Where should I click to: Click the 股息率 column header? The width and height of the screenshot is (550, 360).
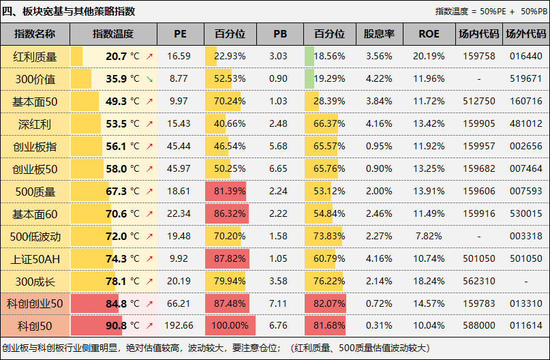point(379,34)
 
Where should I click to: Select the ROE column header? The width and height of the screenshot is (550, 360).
point(429,34)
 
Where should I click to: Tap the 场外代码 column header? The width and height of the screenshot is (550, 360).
point(525,34)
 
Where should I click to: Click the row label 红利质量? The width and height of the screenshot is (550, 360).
point(35,57)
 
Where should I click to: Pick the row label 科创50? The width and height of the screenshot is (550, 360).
point(35,326)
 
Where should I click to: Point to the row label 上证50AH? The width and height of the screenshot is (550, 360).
point(35,259)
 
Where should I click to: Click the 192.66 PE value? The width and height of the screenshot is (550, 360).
point(180,326)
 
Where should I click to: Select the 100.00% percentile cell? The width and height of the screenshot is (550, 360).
point(230,326)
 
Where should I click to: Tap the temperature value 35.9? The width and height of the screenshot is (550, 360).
point(117,79)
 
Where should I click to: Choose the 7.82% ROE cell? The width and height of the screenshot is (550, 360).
point(429,237)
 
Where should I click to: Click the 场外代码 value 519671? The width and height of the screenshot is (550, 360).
point(525,79)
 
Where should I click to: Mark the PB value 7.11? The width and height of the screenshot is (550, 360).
point(278,303)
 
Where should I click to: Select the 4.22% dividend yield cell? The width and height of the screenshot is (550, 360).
point(379,79)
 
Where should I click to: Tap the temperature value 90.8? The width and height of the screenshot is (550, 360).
point(117,326)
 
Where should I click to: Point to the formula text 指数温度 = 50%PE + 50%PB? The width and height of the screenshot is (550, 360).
point(490,12)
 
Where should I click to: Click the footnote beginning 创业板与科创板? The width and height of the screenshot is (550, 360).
point(204,348)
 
